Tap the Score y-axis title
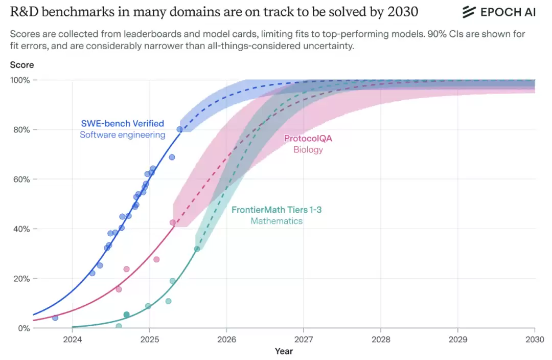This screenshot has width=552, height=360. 22,65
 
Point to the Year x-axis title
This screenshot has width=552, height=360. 284,351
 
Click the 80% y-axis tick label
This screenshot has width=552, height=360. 22,130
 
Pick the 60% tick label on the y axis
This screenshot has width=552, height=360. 22,179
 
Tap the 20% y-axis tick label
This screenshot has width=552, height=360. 22,279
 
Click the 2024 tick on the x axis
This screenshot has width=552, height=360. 72,339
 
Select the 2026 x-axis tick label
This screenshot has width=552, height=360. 226,339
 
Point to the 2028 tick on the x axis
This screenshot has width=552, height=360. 380,339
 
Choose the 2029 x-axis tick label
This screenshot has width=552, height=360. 457,339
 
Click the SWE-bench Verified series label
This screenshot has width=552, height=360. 123,123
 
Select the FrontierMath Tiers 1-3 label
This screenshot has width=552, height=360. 277,210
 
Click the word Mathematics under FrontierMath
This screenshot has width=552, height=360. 277,221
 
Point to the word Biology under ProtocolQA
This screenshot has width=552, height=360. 308,150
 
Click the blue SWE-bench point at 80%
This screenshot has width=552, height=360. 179,129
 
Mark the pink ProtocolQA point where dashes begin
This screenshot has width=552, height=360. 173,222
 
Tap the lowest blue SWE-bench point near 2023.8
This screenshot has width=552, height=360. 55,318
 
